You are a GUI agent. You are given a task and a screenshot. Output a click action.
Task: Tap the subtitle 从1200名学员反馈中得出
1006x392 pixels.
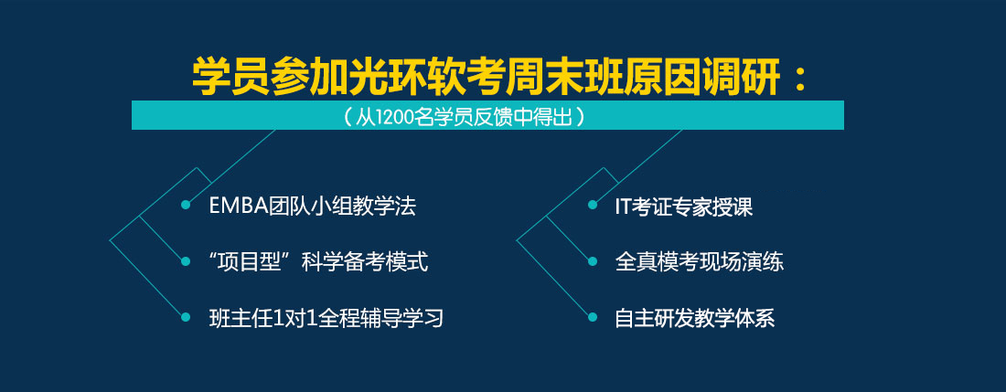[x=464, y=117]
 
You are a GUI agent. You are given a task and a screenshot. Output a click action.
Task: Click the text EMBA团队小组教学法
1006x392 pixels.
[x=313, y=206]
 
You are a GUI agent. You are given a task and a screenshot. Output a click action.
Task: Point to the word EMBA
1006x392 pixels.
[x=233, y=207]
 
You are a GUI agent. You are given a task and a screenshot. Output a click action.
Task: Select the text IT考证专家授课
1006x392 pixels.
[x=683, y=207]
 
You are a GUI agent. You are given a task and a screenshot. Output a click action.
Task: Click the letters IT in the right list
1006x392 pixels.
[x=622, y=207]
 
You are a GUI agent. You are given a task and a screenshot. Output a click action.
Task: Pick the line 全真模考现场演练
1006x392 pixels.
[x=700, y=262]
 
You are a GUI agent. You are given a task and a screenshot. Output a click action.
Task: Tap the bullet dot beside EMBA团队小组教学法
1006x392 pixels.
[x=186, y=205]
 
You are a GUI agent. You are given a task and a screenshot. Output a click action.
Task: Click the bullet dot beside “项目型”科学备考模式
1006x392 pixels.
[x=186, y=261]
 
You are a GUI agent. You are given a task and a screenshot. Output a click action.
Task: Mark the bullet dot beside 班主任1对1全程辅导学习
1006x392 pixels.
[x=186, y=317]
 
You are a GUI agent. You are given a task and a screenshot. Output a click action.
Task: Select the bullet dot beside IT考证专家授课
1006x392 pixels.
[x=593, y=205]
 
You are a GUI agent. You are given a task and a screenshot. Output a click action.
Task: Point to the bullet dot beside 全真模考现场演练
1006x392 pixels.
[x=593, y=261]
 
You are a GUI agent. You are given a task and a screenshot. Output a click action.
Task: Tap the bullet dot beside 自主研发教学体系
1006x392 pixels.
[x=593, y=317]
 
